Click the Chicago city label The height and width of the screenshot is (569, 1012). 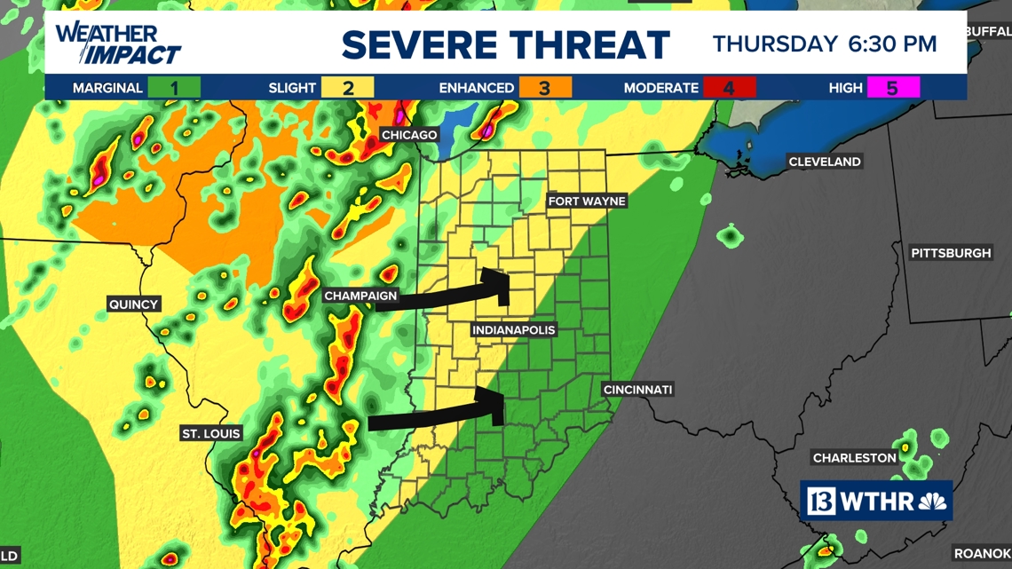(x=409, y=135)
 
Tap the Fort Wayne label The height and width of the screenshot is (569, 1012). (x=587, y=202)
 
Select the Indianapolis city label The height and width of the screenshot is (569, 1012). (x=514, y=330)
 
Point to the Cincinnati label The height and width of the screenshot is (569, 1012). (x=637, y=390)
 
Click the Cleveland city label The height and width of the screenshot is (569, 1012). (x=825, y=162)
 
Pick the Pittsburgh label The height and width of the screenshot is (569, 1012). (x=951, y=253)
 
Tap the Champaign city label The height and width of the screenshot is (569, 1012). (x=360, y=296)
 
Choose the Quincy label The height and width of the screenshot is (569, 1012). (x=133, y=304)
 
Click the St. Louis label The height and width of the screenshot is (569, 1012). (x=210, y=434)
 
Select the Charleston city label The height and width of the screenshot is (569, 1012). (x=855, y=458)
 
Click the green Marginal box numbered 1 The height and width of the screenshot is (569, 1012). (x=175, y=88)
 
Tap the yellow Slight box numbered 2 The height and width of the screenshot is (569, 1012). (x=348, y=88)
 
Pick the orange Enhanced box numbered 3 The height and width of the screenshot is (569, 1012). (x=545, y=88)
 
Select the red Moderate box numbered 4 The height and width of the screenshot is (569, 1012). (x=729, y=88)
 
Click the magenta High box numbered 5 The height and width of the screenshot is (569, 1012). (x=893, y=88)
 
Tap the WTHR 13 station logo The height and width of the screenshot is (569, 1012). (x=876, y=501)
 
